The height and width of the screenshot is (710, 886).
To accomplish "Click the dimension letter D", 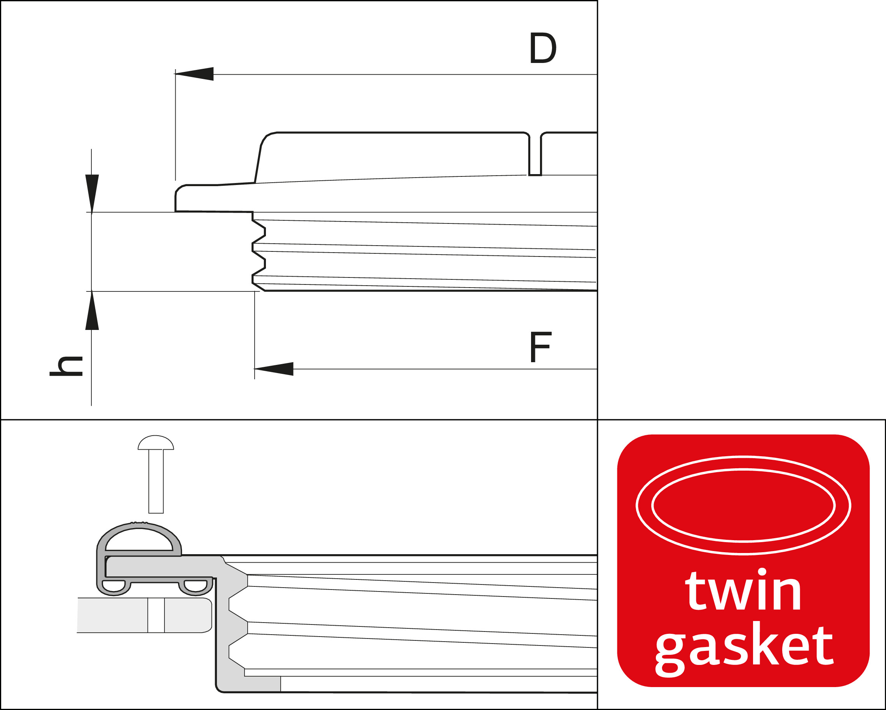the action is (x=543, y=48).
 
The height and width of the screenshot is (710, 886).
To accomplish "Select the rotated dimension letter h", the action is (x=66, y=366).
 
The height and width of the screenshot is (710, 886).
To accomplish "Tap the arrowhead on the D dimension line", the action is (x=194, y=74).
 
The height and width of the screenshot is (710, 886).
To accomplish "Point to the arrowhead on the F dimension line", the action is (x=274, y=369).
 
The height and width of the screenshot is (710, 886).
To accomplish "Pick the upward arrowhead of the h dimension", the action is (x=92, y=310).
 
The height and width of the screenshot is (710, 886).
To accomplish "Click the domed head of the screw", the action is (x=156, y=443).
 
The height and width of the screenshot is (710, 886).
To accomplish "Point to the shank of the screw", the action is (x=156, y=481).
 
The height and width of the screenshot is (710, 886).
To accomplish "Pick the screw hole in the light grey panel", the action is (x=156, y=615).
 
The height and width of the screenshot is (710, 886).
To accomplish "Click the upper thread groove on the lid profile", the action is (x=259, y=232).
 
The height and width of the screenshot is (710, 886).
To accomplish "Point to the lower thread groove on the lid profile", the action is (x=259, y=263).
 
